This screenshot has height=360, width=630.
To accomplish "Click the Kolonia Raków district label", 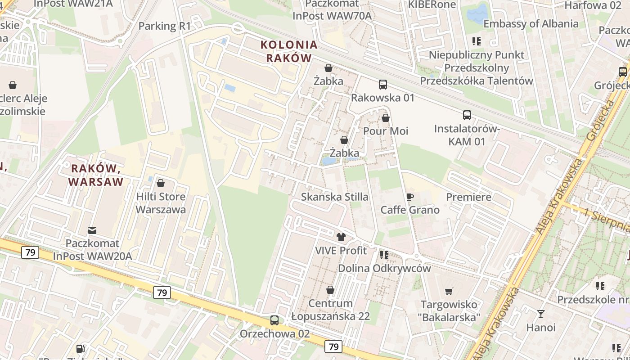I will (x=289, y=51).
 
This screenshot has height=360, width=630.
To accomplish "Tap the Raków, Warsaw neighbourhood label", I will (x=97, y=175).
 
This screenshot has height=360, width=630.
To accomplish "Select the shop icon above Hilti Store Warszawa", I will (x=161, y=183).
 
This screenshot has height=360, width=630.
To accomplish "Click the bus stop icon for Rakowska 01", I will (x=382, y=84).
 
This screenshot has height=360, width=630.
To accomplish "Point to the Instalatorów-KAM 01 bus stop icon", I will (x=467, y=115).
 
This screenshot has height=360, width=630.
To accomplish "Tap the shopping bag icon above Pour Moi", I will (x=386, y=118).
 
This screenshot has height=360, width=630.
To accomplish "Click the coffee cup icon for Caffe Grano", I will (x=409, y=197).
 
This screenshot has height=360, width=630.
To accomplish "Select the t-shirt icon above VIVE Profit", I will (x=341, y=237).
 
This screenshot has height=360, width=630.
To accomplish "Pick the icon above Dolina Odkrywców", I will (x=384, y=255).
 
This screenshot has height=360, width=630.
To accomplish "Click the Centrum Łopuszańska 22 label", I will (x=330, y=310).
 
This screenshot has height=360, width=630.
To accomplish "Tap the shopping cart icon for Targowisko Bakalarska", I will (x=449, y=291).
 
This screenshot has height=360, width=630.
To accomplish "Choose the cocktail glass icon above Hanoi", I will (x=540, y=314).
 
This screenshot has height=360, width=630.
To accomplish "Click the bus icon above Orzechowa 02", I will (x=274, y=320).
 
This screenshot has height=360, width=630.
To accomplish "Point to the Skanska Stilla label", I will (x=334, y=197).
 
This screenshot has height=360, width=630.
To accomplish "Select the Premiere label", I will (x=468, y=197).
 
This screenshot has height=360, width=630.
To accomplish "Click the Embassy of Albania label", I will (x=531, y=24).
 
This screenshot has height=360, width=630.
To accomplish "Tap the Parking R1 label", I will (x=165, y=26).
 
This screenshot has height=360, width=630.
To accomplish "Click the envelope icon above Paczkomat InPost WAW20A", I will (x=92, y=230).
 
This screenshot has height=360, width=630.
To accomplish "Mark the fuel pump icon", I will (x=80, y=348).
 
